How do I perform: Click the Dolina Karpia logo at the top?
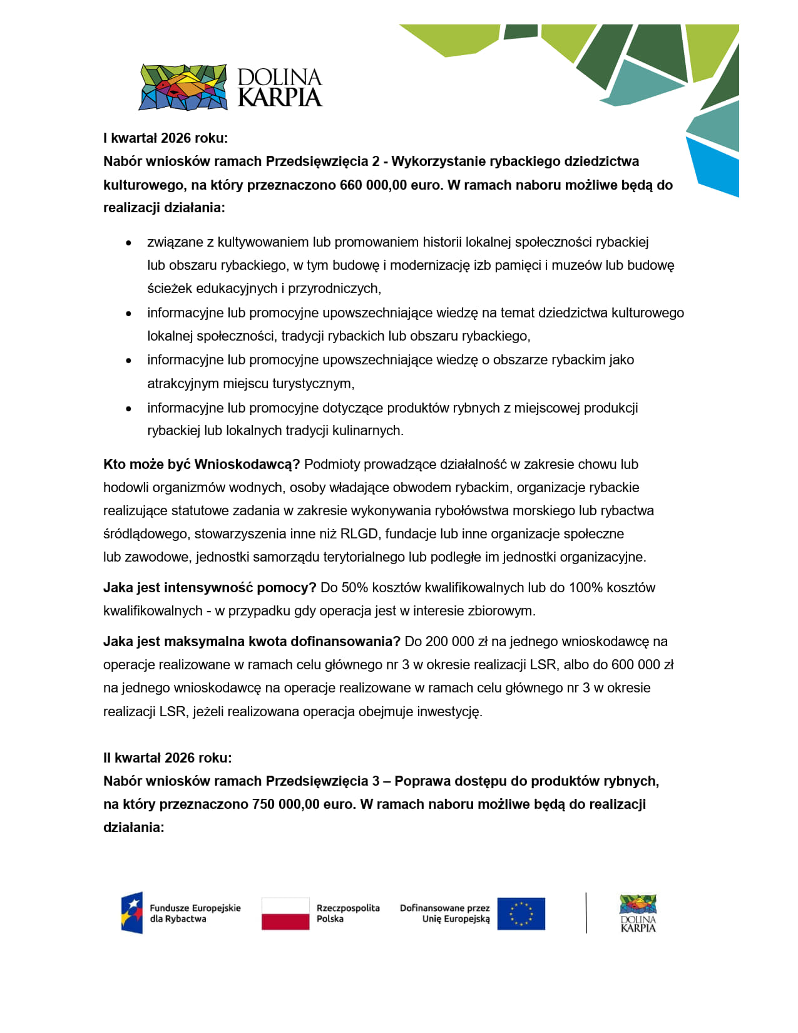230,87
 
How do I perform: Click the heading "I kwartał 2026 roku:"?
165,138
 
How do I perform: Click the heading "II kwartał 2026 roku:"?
167,758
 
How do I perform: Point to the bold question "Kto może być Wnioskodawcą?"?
202,464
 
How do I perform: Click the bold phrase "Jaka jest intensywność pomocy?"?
210,587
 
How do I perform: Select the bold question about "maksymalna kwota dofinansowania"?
252,641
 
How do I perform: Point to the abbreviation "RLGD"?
359,533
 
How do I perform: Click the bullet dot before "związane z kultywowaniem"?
129,242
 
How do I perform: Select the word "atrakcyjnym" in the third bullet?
183,383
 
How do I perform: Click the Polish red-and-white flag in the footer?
285,913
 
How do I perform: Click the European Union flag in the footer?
521,913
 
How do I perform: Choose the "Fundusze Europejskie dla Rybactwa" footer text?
195,913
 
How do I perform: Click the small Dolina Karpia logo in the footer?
638,913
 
